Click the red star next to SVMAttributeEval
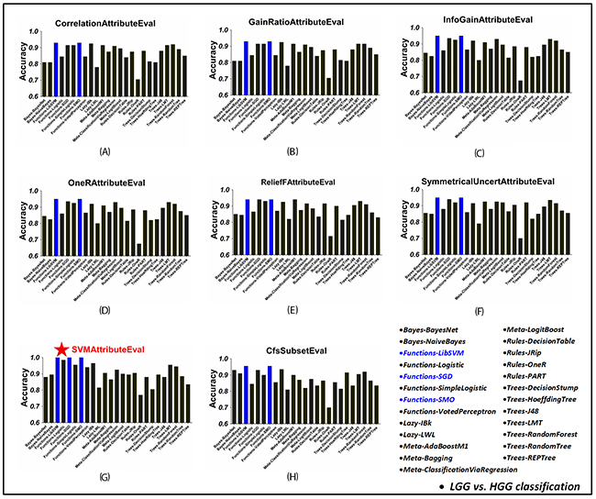tap(61, 349)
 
